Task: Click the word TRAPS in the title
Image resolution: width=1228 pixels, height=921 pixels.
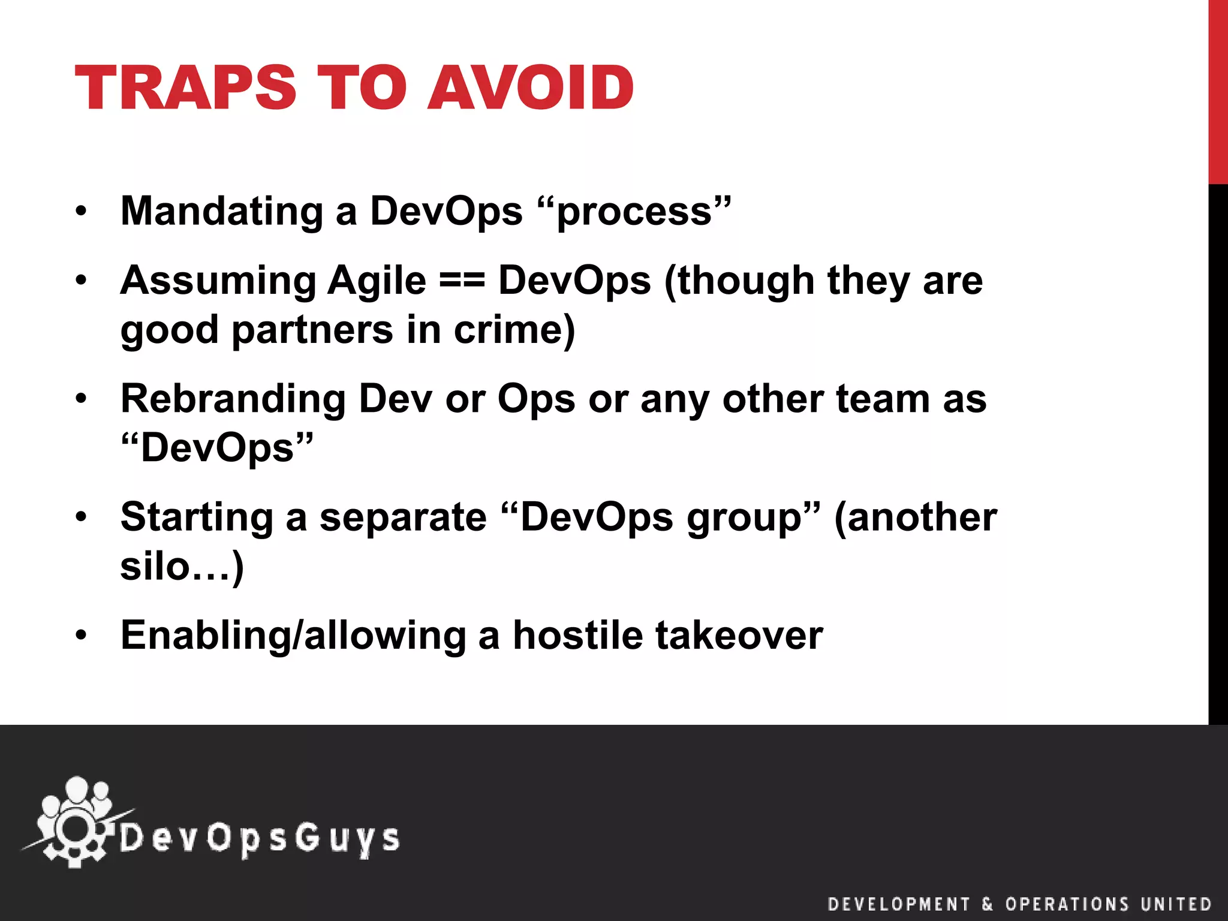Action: click(185, 88)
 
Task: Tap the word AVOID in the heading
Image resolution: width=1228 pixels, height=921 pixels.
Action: click(530, 88)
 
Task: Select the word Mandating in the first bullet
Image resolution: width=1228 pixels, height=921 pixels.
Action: click(222, 212)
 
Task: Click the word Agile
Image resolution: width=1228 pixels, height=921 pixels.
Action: click(377, 281)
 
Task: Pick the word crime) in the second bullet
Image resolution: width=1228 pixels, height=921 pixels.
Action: click(514, 330)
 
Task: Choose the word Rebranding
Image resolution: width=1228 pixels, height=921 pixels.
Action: click(233, 399)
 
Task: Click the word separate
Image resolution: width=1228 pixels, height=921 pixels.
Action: click(403, 517)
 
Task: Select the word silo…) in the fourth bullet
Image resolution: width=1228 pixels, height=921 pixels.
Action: click(182, 566)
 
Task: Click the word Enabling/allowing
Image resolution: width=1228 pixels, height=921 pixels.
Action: click(293, 636)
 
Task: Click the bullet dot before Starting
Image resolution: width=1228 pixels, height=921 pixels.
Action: click(82, 516)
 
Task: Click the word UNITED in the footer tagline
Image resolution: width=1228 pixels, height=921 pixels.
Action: click(1176, 904)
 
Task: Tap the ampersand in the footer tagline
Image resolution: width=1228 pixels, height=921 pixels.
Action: click(988, 904)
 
